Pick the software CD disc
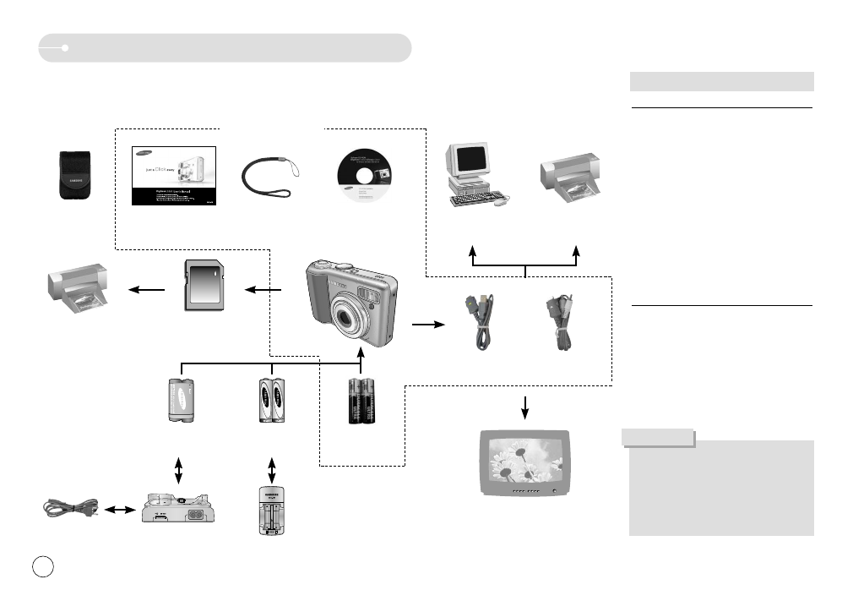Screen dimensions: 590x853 (364, 176)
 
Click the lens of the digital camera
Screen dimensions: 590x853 (347, 321)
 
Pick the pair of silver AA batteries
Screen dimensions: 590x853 (271, 401)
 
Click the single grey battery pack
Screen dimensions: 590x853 (180, 401)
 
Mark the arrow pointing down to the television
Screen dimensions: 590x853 (525, 406)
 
